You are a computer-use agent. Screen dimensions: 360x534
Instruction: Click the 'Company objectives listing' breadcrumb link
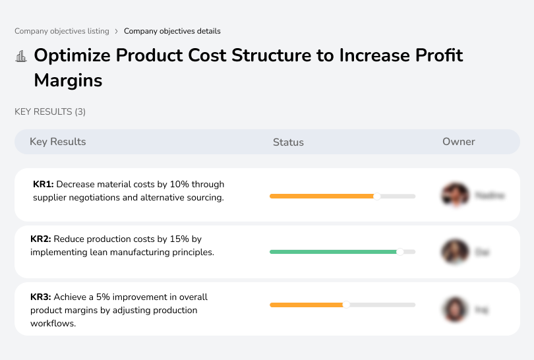coord(62,31)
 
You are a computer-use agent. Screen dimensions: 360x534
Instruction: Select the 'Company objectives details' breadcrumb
coord(172,31)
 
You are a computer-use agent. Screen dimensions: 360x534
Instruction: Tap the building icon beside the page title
coord(21,57)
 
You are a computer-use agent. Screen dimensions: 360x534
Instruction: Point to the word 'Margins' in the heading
coord(68,81)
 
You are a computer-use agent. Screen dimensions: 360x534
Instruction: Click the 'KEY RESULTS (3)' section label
coord(50,112)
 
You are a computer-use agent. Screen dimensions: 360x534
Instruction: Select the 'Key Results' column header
coord(58,142)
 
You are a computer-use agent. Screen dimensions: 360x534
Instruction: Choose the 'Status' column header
coord(288,142)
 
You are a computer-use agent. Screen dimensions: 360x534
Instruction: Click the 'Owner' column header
coord(459,142)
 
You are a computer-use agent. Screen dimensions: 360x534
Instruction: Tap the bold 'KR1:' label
coord(44,185)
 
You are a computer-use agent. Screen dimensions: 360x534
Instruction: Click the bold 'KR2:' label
coord(41,239)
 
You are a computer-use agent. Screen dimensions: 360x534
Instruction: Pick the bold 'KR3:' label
coord(41,297)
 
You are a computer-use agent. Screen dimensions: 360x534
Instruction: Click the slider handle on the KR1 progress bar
coord(377,196)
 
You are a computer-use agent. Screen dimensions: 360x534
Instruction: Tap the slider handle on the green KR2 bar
coord(400,252)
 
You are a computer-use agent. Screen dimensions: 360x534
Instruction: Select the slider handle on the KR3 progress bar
coord(346,305)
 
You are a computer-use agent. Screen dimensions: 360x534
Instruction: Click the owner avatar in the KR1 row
coord(455,195)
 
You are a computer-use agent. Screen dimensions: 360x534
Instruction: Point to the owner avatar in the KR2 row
coord(455,252)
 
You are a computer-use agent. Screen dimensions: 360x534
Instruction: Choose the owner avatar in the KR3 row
coord(455,309)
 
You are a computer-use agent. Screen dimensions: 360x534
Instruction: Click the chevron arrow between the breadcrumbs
coord(117,31)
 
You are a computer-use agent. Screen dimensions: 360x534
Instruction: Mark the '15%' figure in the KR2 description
coord(167,239)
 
